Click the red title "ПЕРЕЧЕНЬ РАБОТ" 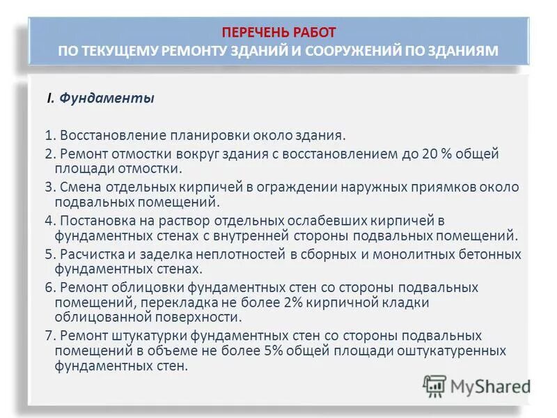(x=278, y=32)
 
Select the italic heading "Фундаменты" (x=107, y=98)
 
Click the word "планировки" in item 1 (x=185, y=134)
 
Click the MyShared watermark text (x=488, y=385)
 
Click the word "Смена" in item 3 (x=77, y=187)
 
